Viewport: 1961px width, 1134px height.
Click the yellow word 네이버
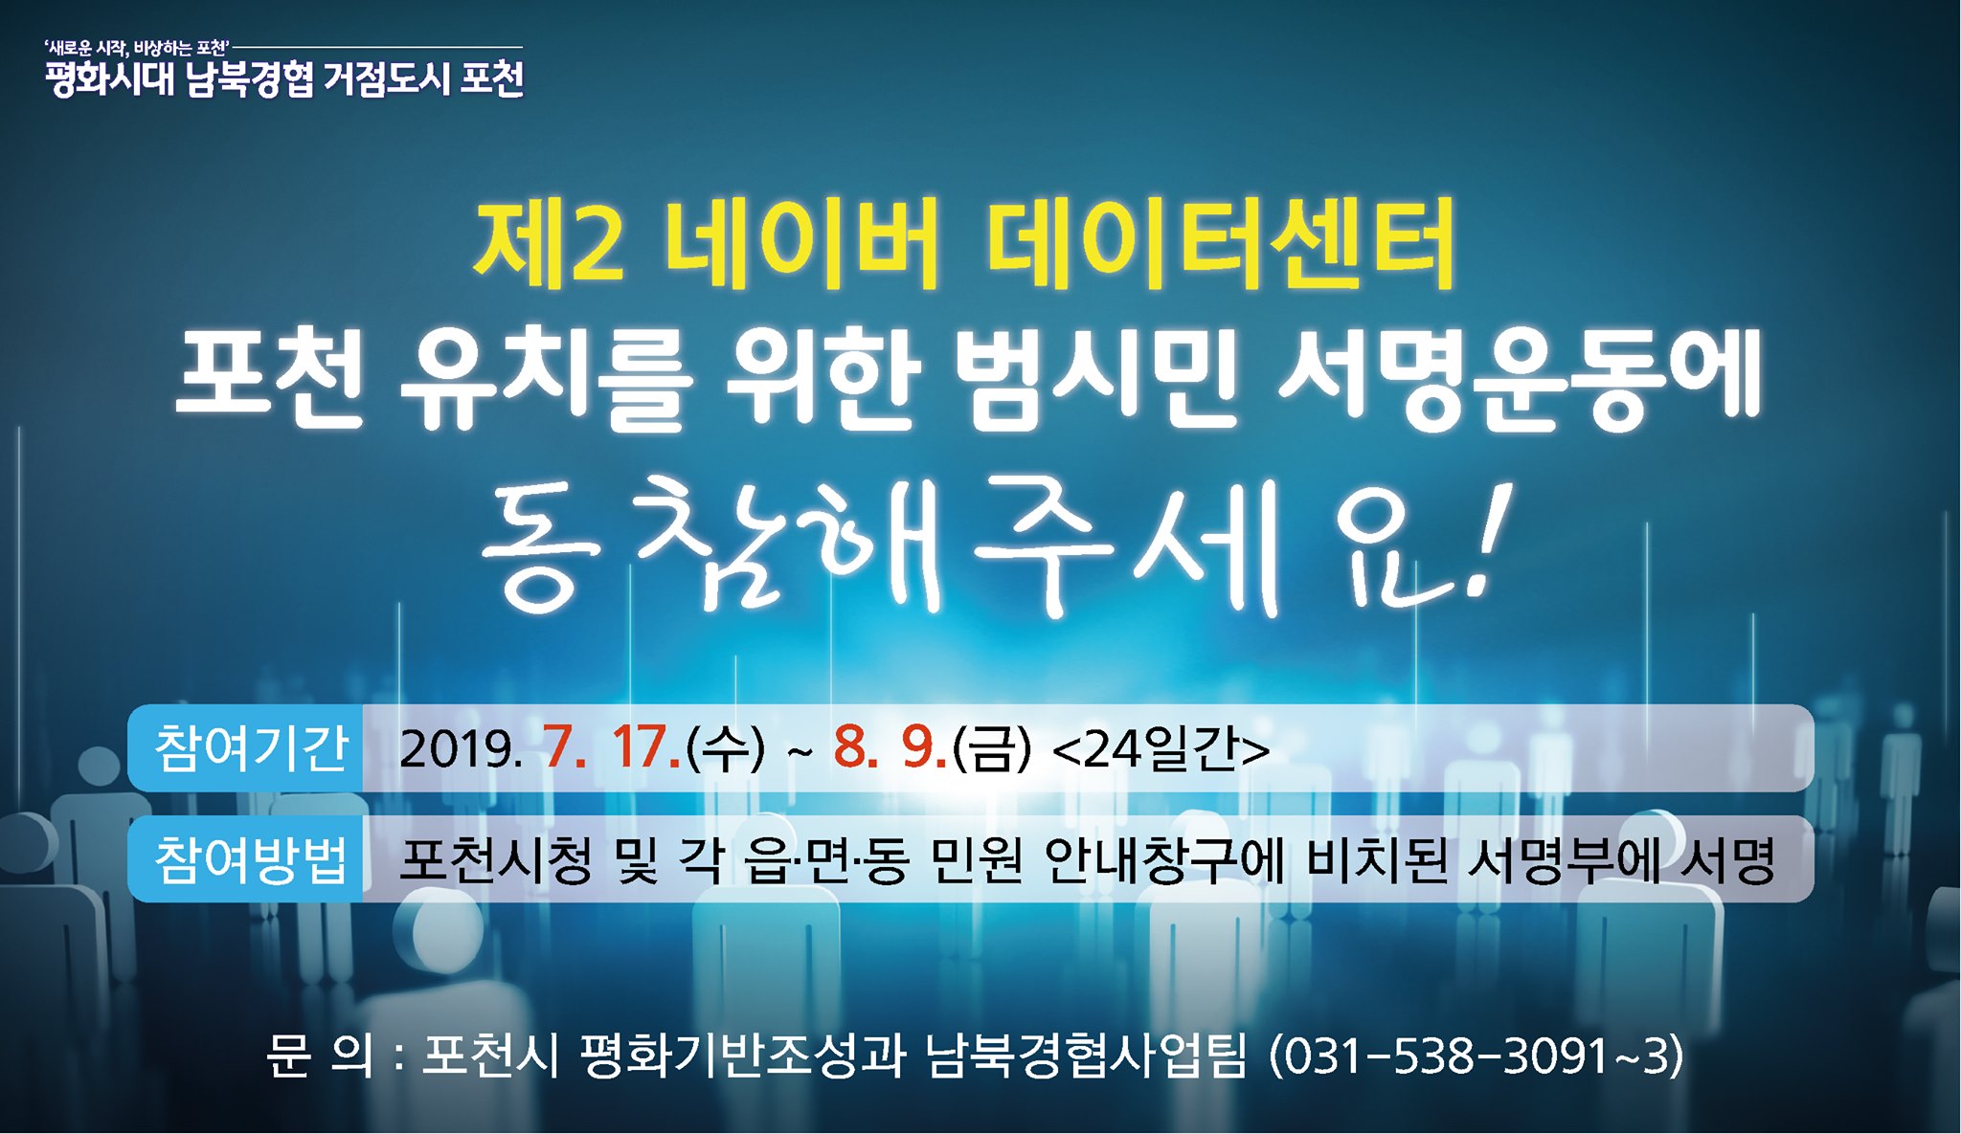800,244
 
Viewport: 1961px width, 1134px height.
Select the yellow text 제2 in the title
549,244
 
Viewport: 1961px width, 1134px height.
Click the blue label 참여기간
251,747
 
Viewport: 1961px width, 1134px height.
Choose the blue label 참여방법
251,858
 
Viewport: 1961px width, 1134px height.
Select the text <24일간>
1161,748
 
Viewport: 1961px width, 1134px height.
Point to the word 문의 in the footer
320,1056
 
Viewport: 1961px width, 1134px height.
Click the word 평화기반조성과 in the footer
743,1056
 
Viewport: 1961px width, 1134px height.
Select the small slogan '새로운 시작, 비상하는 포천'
136,47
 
